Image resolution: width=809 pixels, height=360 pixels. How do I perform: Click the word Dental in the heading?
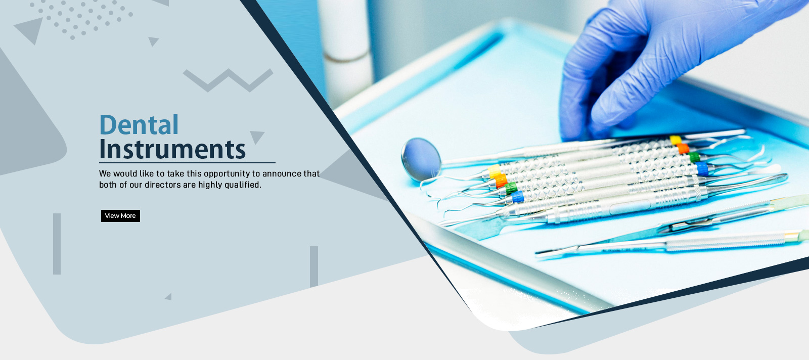pyautogui.click(x=139, y=125)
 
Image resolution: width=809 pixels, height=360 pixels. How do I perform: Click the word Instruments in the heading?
pyautogui.click(x=172, y=149)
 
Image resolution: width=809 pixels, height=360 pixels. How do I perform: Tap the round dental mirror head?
pyautogui.click(x=421, y=159)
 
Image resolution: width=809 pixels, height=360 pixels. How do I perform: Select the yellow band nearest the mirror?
pyautogui.click(x=493, y=170)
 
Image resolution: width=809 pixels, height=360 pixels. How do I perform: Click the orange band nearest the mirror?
pyautogui.click(x=500, y=181)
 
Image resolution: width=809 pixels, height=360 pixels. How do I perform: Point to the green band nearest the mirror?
pyautogui.click(x=511, y=189)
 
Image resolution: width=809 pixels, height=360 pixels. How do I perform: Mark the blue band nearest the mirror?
pyautogui.click(x=518, y=197)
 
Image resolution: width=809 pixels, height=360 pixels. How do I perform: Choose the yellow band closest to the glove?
pyautogui.click(x=676, y=140)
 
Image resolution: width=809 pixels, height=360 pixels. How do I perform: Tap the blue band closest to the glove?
pyautogui.click(x=702, y=169)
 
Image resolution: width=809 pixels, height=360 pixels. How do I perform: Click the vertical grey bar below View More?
pyautogui.click(x=57, y=244)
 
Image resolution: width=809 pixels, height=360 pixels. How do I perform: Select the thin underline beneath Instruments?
pyautogui.click(x=187, y=163)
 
